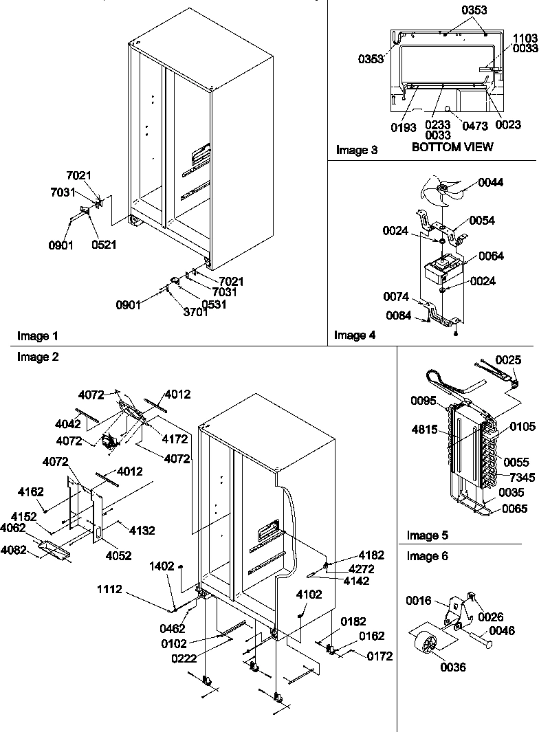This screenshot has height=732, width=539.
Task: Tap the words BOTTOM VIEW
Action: tap(452, 147)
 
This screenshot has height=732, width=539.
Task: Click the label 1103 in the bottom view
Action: tap(525, 39)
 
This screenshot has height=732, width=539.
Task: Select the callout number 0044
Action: tap(491, 182)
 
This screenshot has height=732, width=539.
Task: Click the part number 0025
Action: tap(508, 359)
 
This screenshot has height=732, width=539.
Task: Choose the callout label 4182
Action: tap(371, 555)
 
